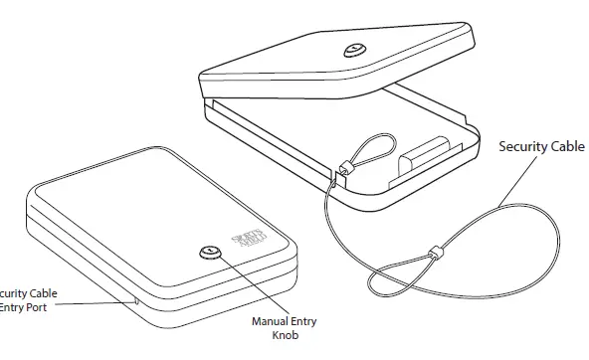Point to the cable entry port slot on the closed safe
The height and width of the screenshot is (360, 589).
pos(135,296)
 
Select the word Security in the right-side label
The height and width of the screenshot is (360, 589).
pos(522,146)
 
